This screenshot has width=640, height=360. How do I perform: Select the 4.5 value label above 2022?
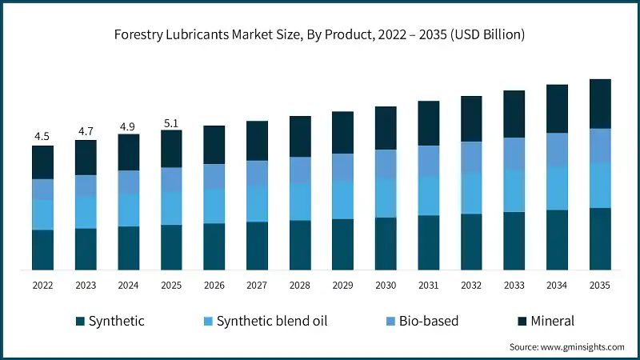coord(42,137)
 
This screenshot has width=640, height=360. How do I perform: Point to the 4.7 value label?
coord(86,131)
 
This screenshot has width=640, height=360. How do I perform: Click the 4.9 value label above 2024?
coord(128,126)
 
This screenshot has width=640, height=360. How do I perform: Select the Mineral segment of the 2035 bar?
coord(600,103)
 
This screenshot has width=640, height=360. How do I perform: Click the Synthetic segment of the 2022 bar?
coord(42,250)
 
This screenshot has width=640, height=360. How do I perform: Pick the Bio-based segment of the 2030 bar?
coord(386,164)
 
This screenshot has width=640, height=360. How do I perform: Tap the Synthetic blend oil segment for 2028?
coord(300,202)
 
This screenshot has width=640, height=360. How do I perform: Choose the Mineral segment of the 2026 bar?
coord(214,145)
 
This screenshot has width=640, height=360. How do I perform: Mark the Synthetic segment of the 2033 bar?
coord(514,240)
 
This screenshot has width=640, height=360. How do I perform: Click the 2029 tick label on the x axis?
coord(342,286)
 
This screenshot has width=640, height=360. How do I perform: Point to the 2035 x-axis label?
coord(600,286)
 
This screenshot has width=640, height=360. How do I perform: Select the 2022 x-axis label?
coord(42,286)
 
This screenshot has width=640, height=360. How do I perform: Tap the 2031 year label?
coord(428,286)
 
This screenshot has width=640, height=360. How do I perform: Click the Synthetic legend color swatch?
coord(80,322)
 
